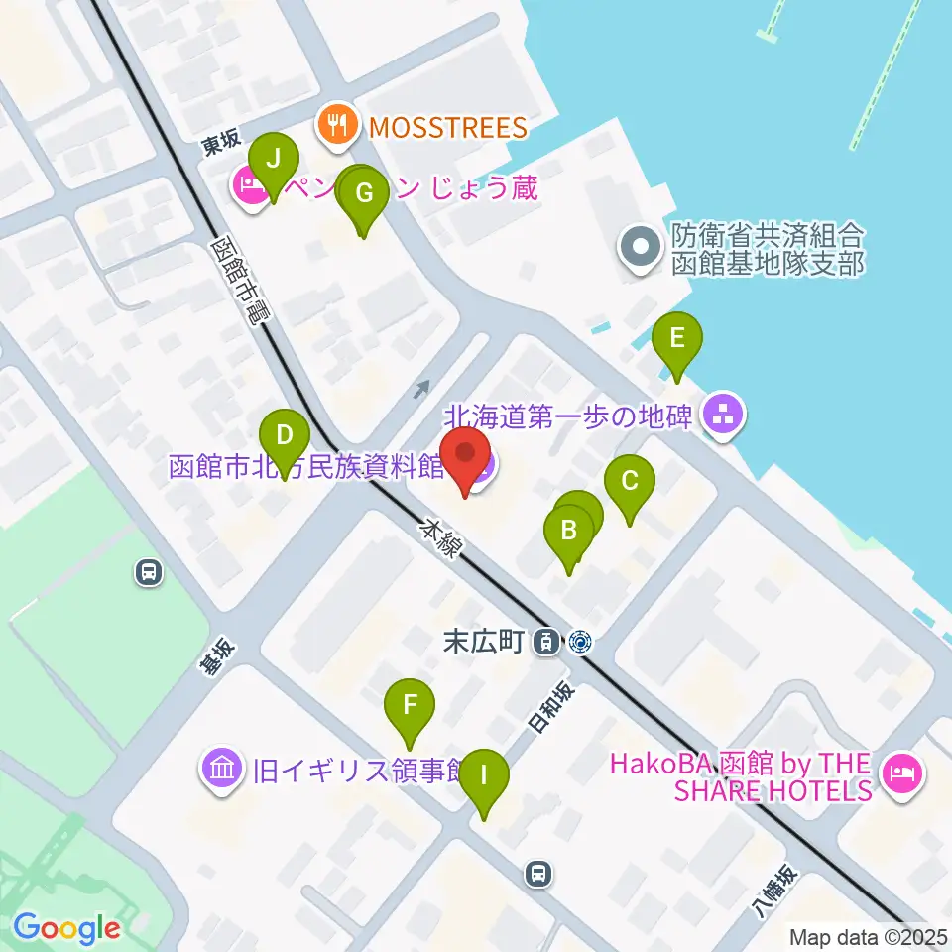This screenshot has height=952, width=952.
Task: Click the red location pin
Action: (x=465, y=458)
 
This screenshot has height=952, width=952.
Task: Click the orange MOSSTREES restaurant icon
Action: (x=338, y=127)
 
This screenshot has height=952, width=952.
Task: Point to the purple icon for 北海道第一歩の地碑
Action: (x=721, y=417)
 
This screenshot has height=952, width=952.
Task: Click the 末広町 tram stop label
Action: (x=483, y=642)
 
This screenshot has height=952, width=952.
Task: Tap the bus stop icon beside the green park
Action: (x=148, y=572)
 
